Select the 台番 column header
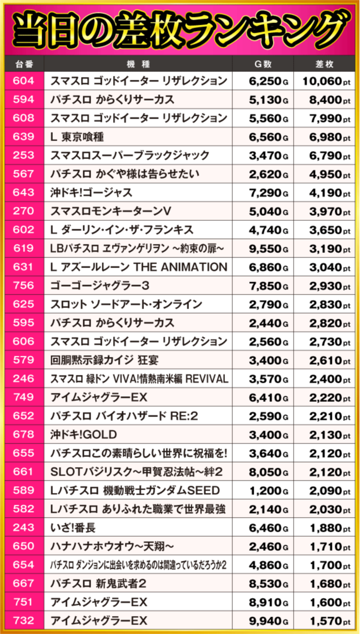[x=22, y=64]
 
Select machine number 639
[x=22, y=137]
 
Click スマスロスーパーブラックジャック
[x=130, y=155]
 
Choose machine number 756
[x=22, y=286]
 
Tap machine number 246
[x=22, y=378]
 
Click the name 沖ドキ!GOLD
[x=84, y=434]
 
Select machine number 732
[x=22, y=621]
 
